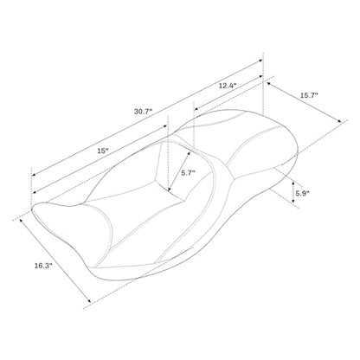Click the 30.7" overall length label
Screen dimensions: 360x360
tap(143, 112)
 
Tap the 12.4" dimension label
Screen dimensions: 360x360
tap(228, 86)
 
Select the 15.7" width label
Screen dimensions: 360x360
tap(309, 95)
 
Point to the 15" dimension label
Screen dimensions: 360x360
tap(103, 151)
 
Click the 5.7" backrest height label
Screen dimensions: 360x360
tap(188, 173)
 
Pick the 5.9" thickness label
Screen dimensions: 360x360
tap(302, 193)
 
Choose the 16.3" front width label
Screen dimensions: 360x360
tap(43, 266)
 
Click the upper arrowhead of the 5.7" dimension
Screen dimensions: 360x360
tap(189, 152)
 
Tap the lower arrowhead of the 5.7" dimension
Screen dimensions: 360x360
tap(170, 190)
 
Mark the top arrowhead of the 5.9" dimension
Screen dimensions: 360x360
tap(293, 183)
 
